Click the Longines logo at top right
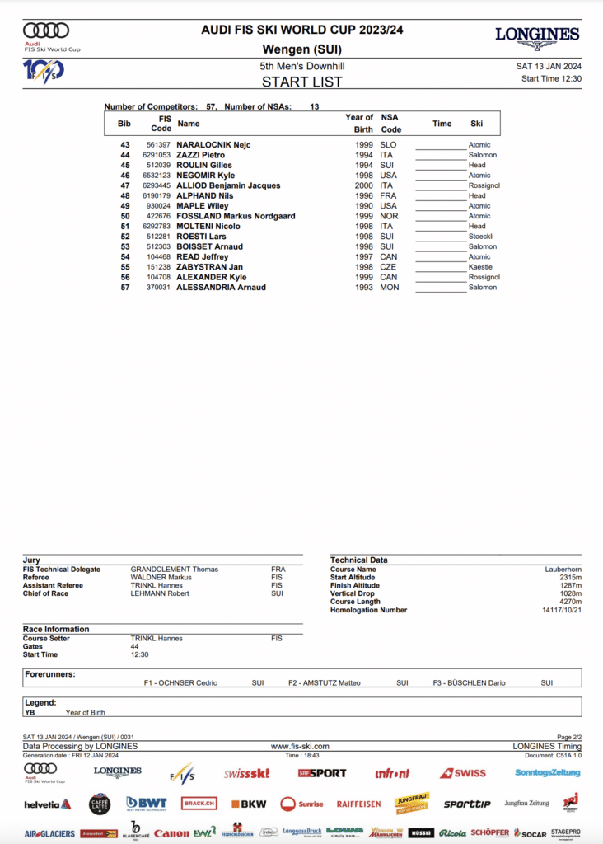[537, 37]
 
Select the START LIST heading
[301, 82]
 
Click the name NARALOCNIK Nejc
[213, 145]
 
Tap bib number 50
[125, 216]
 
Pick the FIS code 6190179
[157, 196]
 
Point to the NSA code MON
[390, 288]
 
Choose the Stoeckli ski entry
[482, 237]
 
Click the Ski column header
[476, 124]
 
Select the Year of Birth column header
[358, 124]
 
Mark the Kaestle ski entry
[480, 267]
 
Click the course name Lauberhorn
[563, 570]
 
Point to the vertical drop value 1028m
[568, 593]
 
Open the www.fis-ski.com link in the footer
[300, 746]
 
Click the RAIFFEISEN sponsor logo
[358, 804]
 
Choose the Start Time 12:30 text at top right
[551, 79]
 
